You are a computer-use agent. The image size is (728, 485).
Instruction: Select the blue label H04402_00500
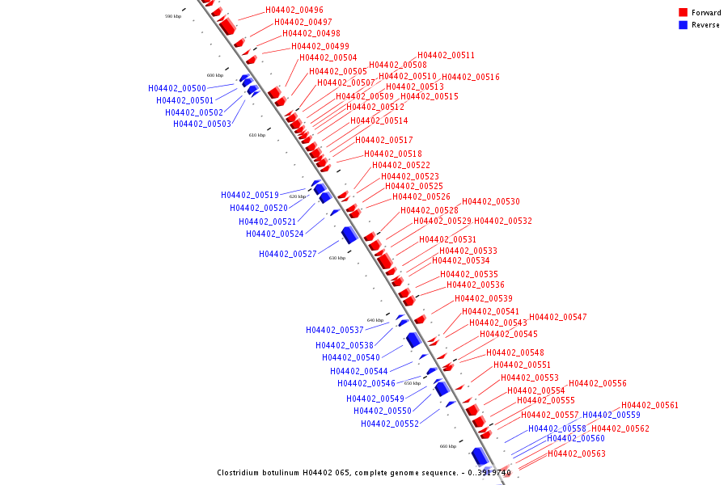177,88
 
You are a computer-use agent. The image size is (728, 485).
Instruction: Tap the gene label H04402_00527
288,254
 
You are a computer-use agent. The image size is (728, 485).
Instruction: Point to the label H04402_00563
577,454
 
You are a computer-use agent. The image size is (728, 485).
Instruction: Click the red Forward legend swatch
684,13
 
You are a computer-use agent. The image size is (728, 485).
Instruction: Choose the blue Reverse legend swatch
684,25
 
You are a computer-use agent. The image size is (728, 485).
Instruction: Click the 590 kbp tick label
173,16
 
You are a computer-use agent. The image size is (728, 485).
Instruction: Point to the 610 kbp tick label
257,135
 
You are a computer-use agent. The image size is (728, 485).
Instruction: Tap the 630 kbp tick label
337,258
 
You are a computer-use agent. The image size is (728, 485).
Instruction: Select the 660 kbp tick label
448,446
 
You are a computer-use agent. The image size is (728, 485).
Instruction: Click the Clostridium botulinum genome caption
364,472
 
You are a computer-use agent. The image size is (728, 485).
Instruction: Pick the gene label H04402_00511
447,56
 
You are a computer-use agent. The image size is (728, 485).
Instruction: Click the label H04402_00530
491,201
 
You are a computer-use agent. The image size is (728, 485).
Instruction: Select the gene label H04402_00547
558,317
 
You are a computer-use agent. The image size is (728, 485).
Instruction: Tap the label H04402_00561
650,406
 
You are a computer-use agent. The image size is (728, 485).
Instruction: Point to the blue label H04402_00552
390,424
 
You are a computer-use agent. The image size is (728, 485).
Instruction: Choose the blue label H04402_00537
335,330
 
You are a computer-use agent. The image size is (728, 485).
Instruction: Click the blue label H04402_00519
250,195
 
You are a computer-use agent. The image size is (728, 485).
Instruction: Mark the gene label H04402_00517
384,141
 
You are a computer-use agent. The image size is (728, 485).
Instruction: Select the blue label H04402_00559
612,415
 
